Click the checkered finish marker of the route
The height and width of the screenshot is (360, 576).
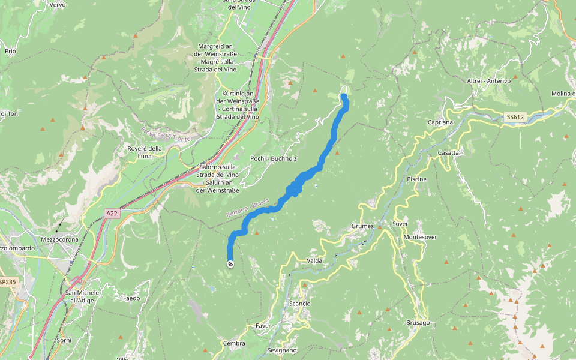230,264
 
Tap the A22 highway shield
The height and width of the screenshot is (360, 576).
112,213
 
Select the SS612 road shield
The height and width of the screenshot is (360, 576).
515,117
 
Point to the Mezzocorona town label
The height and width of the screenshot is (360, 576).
59,239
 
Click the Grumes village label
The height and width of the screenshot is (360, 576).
362,226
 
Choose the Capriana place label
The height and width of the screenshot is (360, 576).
440,122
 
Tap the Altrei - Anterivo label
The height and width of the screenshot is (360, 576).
488,81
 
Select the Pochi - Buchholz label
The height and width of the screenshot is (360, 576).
274,158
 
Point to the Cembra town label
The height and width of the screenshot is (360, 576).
234,343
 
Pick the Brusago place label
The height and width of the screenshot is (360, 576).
418,323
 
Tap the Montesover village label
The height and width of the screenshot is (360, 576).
420,237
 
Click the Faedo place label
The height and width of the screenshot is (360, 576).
131,298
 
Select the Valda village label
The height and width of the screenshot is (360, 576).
314,260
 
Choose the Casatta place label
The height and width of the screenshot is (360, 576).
448,152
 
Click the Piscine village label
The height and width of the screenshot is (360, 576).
416,179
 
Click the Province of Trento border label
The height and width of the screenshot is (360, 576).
166,134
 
